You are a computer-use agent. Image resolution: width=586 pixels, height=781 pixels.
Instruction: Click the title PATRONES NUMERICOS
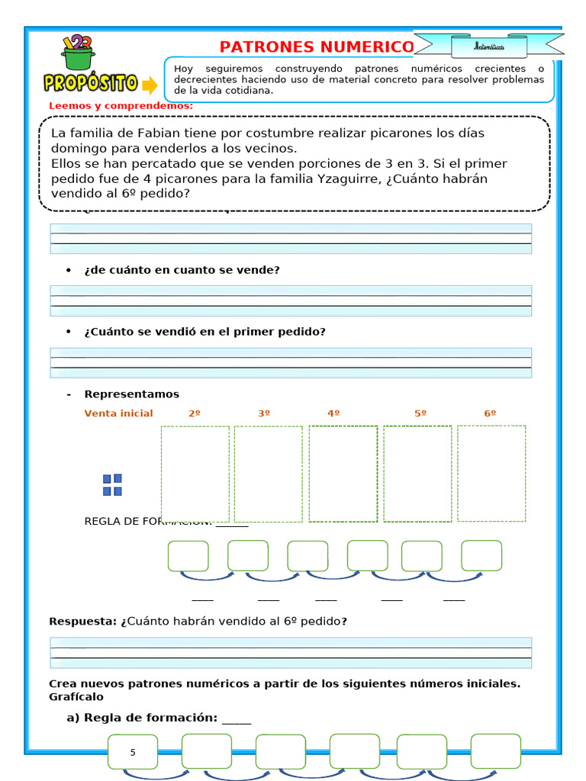pos(316,47)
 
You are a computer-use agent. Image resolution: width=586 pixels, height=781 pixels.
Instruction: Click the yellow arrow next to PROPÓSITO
pos(150,84)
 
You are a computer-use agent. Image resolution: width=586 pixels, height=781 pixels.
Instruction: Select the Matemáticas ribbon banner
pos(488,47)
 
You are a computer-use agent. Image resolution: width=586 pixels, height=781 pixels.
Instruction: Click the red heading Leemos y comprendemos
pos(121,105)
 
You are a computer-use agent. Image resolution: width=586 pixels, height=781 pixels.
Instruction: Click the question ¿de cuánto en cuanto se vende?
pos(182,270)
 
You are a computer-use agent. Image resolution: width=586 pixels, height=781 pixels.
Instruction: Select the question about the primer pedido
pos(204,332)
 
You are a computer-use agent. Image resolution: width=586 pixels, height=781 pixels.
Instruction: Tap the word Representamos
pos(131,394)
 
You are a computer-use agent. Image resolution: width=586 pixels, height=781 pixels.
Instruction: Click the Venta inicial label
pos(118,413)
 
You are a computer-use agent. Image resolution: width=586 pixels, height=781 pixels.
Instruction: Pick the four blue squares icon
pos(112,485)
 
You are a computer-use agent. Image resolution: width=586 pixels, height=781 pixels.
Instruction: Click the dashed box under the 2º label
pos(195,474)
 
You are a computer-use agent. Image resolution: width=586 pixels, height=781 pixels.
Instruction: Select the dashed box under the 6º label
pos(491,474)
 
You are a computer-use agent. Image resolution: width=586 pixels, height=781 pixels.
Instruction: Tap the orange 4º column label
pos(333,413)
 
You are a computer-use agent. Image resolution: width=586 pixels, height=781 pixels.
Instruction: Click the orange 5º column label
pos(420,413)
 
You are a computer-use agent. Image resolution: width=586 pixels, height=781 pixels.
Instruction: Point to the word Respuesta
pos(82,622)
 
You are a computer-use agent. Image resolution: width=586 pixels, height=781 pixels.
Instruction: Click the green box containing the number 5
pos(133,752)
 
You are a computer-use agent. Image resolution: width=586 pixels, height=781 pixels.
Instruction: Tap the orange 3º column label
pos(264,413)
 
